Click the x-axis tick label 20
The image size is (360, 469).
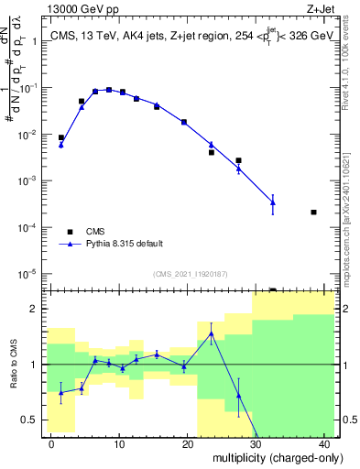point(188,444)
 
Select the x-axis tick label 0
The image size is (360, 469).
point(51,444)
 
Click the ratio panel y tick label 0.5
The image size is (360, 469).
point(30,420)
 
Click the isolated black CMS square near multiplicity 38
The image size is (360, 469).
point(313,212)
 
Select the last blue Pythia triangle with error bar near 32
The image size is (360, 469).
point(272,202)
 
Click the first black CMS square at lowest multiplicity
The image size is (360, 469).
point(61,137)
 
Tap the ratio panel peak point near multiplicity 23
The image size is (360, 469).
point(211,333)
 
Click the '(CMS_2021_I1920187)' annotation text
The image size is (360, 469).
point(190,274)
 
